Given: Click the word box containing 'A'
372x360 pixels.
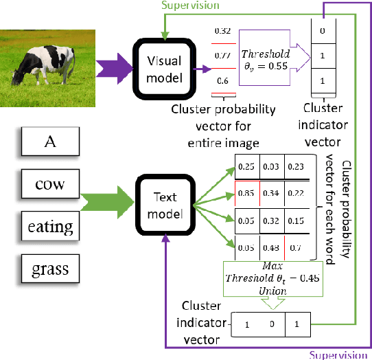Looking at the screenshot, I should point(49,143).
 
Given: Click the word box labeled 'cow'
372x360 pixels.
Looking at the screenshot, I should point(49,183).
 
